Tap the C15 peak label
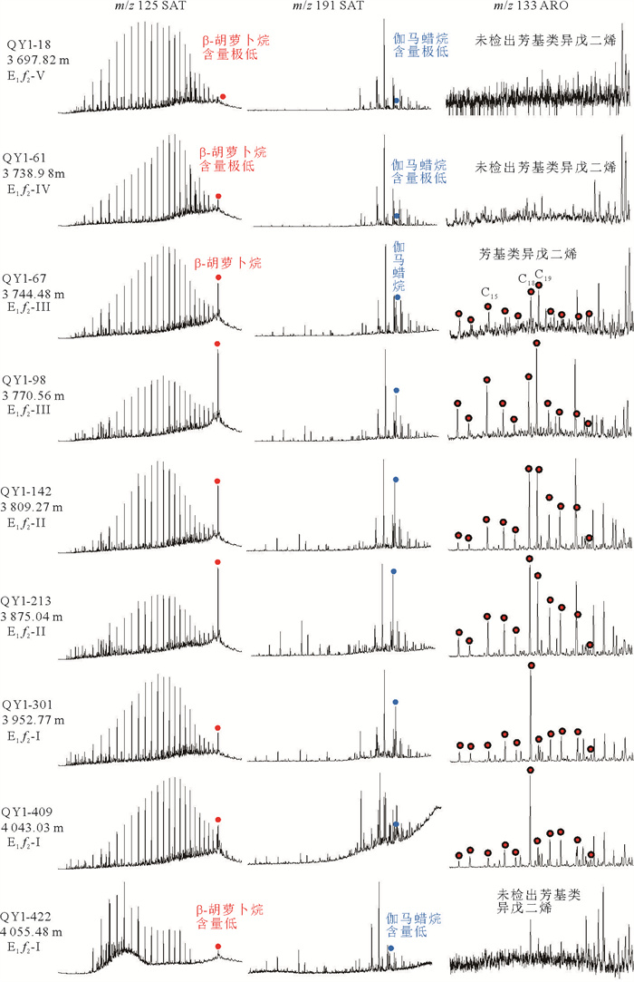pyautogui.click(x=489, y=292)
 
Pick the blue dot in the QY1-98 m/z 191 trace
pyautogui.click(x=396, y=390)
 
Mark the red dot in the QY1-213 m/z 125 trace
pyautogui.click(x=218, y=563)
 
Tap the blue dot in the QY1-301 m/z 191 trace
pyautogui.click(x=395, y=703)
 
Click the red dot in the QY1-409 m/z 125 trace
pyautogui.click(x=218, y=820)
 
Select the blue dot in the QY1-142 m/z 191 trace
pyautogui.click(x=395, y=479)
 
